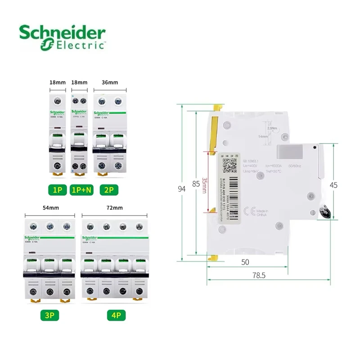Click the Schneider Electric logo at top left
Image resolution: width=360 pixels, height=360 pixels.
tap(62, 37)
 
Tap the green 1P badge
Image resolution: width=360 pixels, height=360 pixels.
tap(58, 190)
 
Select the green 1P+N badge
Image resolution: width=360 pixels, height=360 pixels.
tap(81, 190)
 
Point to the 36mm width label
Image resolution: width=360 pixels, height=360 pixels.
tap(110, 82)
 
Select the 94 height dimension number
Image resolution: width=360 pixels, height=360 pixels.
tap(182, 189)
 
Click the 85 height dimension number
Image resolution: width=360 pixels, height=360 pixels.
tap(196, 184)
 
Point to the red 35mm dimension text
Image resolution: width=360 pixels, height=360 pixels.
tap(205, 185)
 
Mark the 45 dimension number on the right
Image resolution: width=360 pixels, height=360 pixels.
tap(333, 184)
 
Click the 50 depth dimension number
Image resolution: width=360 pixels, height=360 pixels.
tap(245, 261)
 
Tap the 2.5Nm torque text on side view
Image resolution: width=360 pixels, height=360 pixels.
tap(272, 128)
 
